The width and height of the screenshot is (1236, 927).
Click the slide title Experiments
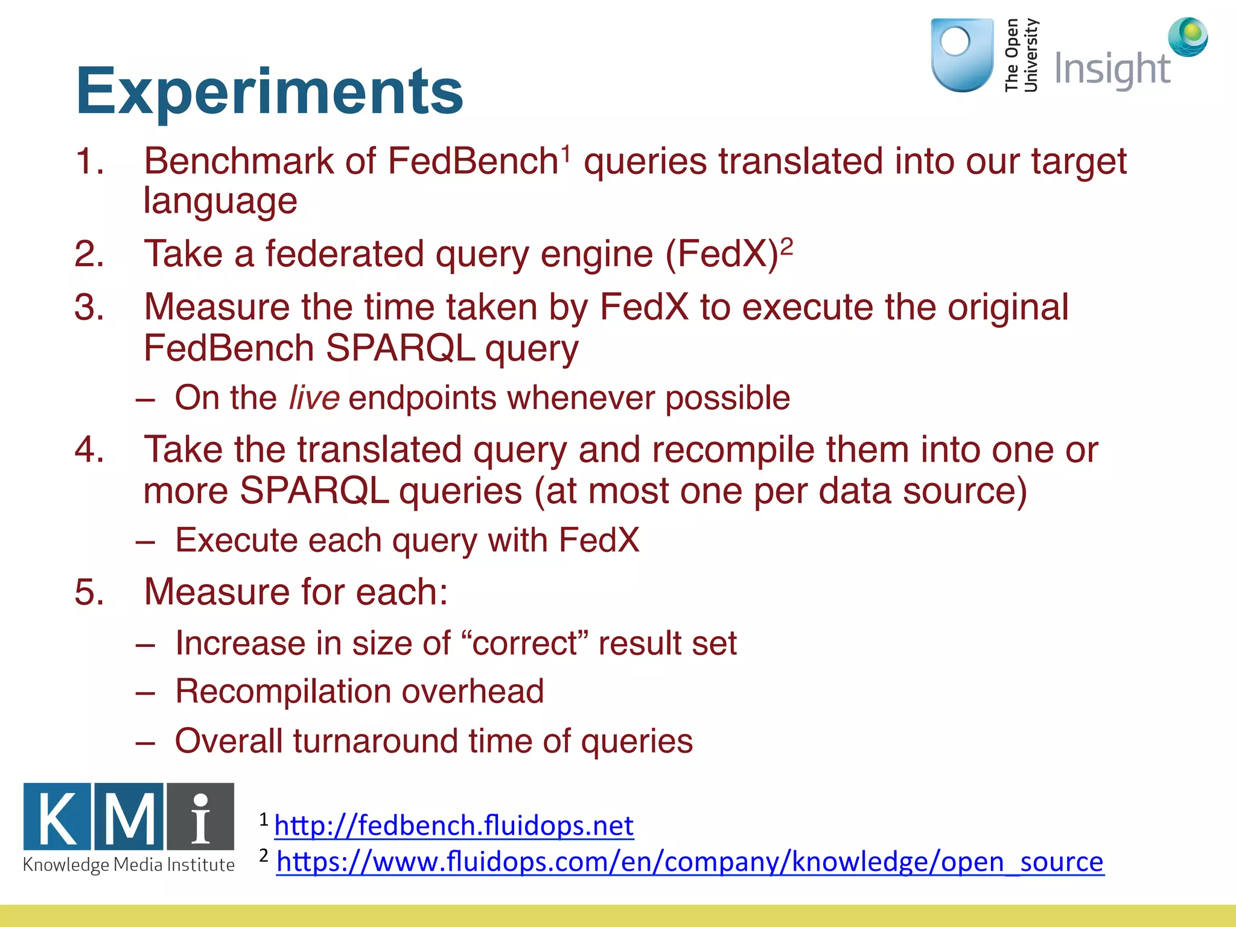(269, 92)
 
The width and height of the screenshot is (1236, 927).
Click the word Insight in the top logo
(1112, 69)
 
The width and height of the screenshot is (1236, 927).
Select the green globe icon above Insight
(1188, 36)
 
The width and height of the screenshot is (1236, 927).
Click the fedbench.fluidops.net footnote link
(454, 825)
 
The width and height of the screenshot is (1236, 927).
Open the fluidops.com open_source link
(690, 862)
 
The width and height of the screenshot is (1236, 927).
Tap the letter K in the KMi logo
(57, 817)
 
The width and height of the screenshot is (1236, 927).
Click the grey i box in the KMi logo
(200, 817)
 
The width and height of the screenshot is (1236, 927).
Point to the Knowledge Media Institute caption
(129, 865)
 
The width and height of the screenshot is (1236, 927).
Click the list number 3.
(89, 307)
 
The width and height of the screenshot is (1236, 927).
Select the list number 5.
(89, 592)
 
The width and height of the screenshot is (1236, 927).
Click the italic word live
(314, 398)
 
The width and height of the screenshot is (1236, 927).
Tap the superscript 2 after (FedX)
(786, 246)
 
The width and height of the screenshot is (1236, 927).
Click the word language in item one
(220, 202)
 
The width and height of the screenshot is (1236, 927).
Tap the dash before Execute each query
(145, 541)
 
